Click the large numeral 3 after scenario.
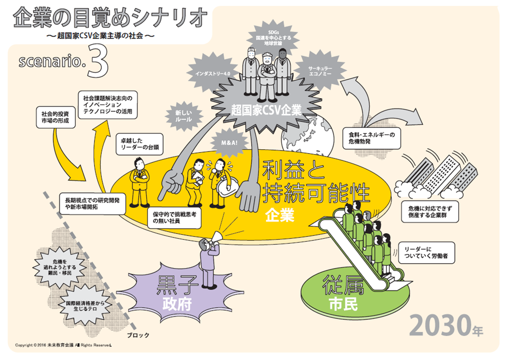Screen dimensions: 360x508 pos(98,61)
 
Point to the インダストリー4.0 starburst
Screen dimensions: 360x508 pos(213,73)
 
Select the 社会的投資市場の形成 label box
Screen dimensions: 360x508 pos(56,116)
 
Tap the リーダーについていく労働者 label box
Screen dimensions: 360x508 pos(426,252)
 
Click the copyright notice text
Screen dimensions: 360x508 pos(64,345)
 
